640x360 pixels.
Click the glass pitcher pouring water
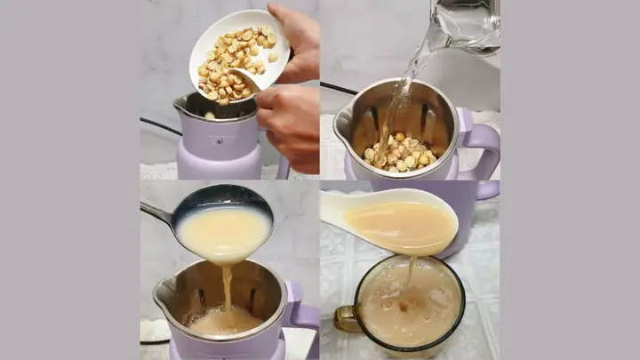pos(467,27)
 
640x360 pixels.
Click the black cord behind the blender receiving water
pos(338,89)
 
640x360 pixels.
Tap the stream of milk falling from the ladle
pos(227,289)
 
